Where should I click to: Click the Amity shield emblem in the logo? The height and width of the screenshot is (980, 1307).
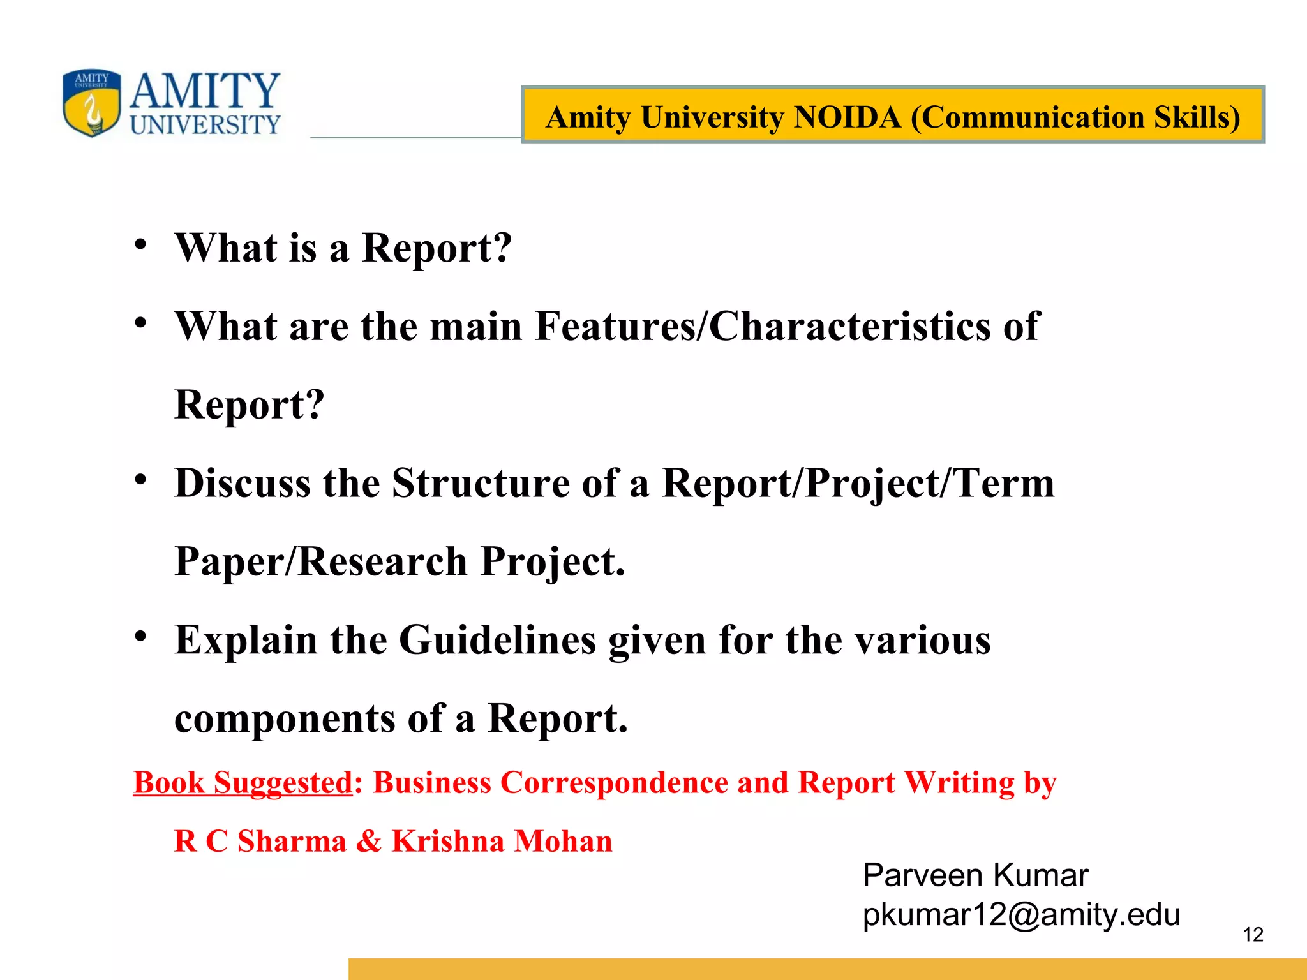(92, 103)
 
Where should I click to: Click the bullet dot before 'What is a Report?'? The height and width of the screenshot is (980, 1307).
(140, 245)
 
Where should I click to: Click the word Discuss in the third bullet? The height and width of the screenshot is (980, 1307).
(243, 483)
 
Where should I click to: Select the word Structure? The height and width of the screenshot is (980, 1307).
(480, 483)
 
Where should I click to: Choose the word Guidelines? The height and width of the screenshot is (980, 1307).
(497, 640)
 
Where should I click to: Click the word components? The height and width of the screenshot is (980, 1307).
(285, 718)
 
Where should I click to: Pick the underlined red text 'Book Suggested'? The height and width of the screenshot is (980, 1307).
(243, 783)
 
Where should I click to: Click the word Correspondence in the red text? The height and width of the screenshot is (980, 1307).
(613, 783)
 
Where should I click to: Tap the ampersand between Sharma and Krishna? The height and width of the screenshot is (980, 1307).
(368, 842)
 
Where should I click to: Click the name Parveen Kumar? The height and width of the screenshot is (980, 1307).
(975, 875)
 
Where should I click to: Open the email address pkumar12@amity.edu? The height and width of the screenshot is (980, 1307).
(1021, 915)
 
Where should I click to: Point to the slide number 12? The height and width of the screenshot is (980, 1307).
(1253, 935)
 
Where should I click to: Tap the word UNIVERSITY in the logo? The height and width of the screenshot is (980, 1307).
(205, 125)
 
